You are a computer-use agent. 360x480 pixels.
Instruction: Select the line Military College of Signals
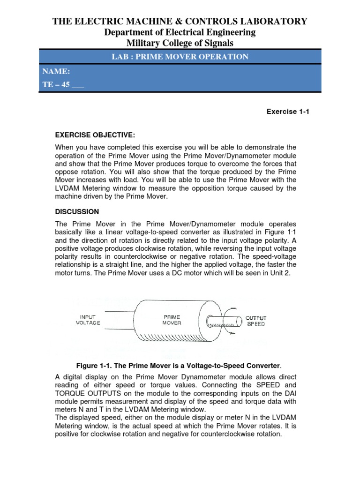tap(180, 43)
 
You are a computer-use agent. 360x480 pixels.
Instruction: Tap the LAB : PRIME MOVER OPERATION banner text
tap(180, 57)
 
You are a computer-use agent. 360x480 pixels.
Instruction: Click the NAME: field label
tap(56, 71)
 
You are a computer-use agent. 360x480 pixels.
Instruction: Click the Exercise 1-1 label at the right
tap(288, 112)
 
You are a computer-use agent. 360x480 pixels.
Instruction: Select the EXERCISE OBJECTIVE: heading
tap(95, 135)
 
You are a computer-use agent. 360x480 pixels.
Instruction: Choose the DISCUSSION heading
tap(77, 211)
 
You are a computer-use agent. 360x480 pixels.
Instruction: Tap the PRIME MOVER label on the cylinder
tap(172, 320)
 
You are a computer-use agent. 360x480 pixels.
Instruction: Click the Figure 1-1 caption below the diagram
tap(180, 365)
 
